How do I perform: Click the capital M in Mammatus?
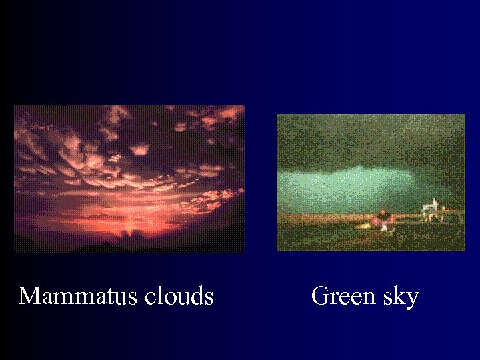[x=29, y=295]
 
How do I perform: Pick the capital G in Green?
[x=319, y=295]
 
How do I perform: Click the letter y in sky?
[x=412, y=298]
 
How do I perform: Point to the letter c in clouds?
[x=155, y=297]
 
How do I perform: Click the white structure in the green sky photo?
[x=430, y=209]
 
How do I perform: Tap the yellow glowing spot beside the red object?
[x=365, y=225]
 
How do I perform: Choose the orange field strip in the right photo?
[x=320, y=218]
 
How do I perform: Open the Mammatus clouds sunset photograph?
[x=129, y=179]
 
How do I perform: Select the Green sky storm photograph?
[x=371, y=182]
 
